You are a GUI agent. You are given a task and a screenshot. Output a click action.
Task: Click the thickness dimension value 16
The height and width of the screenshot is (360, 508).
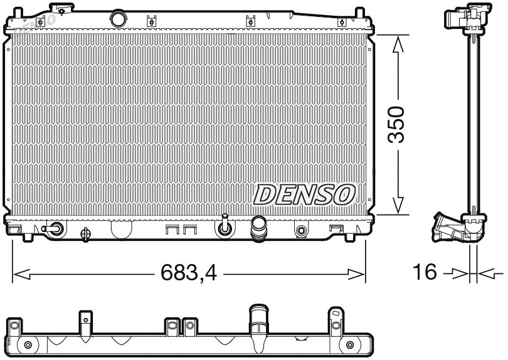425,273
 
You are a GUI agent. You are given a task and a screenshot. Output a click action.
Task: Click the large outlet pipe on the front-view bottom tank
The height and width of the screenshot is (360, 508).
258,228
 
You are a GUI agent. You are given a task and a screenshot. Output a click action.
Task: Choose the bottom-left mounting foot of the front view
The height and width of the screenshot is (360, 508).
28,237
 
